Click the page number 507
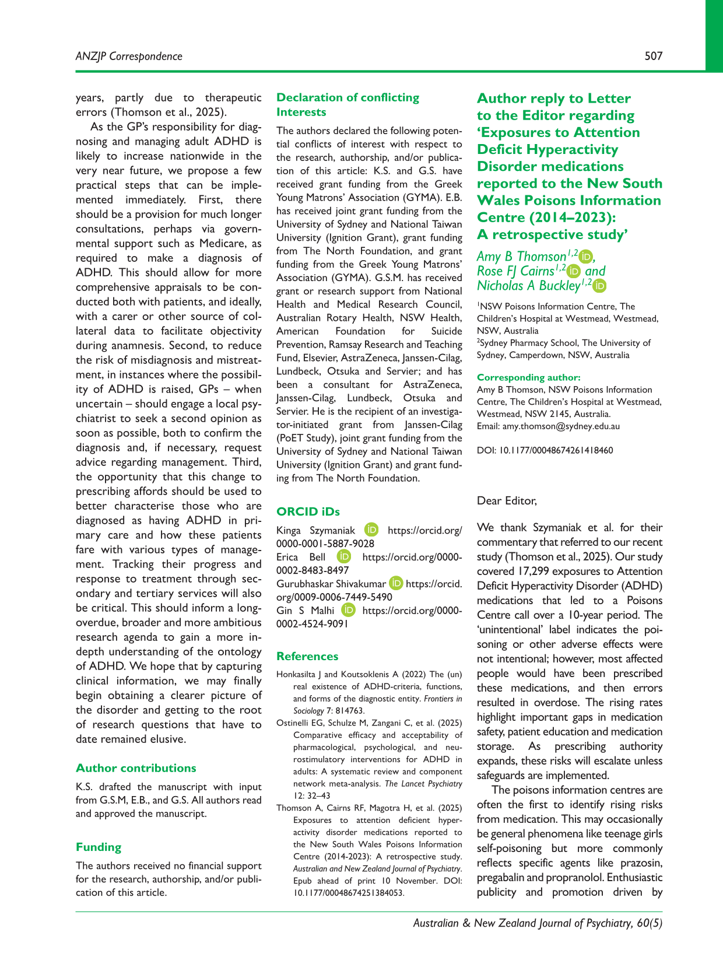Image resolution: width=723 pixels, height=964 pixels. click(653, 56)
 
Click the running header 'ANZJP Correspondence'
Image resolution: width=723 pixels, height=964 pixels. click(129, 56)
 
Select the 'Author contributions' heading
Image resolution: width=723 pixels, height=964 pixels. click(136, 768)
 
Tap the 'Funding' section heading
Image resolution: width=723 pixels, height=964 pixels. click(99, 847)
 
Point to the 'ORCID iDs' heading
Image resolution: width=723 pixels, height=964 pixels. click(308, 511)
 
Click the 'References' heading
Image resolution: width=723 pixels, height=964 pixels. click(307, 656)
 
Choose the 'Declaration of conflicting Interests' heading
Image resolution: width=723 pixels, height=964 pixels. click(348, 104)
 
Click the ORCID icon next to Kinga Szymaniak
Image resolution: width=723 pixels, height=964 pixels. click(371, 530)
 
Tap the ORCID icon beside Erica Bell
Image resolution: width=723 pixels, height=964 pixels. click(345, 557)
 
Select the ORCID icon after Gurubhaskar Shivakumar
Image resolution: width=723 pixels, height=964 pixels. click(396, 583)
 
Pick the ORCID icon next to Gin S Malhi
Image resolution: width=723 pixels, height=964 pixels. click(348, 610)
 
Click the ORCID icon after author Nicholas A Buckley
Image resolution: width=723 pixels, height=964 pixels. click(600, 286)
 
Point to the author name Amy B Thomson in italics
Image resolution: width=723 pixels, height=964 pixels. click(521, 257)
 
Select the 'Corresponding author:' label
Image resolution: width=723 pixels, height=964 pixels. click(528, 377)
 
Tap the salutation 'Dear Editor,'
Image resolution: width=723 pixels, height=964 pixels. click(507, 500)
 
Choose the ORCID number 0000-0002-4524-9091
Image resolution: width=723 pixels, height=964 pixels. click(313, 623)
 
